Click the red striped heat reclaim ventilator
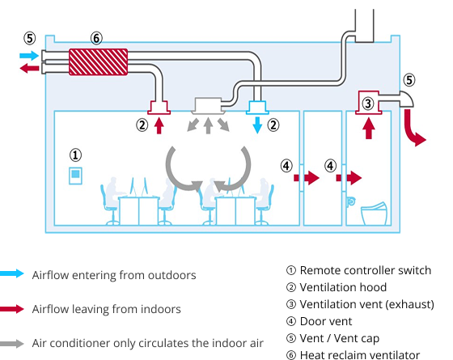coord(98,62)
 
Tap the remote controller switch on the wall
coord(75,176)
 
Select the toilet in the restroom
coord(374,214)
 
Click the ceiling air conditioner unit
coord(208,106)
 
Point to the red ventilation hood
coord(159,108)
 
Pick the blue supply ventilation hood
coord(257,108)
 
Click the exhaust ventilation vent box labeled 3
coord(368,103)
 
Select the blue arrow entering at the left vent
coord(29,56)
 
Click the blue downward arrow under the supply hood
coord(257,125)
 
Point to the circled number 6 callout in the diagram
coord(96,38)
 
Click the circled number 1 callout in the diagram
coord(75,155)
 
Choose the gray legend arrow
coord(12,344)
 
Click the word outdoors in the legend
coord(171,275)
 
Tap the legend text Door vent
coord(326,321)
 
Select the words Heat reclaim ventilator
coord(360,355)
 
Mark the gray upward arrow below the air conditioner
coord(208,125)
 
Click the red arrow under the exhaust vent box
coord(368,129)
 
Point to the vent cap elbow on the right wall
coord(406,99)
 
